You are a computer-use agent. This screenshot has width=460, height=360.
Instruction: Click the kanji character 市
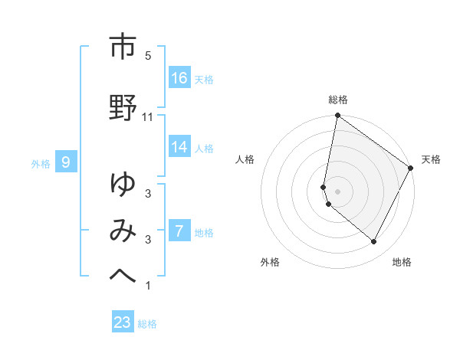pos(123,47)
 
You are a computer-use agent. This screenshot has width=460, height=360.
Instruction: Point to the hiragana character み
pos(123,230)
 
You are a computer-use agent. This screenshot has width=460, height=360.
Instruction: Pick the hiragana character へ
pos(123,275)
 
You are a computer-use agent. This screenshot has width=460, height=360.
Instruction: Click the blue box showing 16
pos(179,78)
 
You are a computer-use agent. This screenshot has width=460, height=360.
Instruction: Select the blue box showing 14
pos(179,148)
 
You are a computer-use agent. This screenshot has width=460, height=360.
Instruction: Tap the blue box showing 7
pos(179,231)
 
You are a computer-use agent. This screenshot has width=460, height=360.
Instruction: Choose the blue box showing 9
pos(67,162)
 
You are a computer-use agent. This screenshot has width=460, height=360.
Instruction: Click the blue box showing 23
pos(123,322)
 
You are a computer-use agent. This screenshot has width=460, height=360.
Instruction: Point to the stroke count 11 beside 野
pos(148,116)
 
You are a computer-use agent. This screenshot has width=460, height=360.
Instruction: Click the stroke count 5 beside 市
pos(148,56)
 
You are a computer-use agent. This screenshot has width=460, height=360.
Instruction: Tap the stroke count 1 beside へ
pos(148,286)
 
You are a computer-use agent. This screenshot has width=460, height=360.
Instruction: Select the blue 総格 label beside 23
pos(147,324)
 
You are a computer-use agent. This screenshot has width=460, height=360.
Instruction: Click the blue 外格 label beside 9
pos(41,163)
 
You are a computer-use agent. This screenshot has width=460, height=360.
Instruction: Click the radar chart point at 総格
pos(337,116)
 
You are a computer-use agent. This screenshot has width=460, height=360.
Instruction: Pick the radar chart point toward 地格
pos(374,242)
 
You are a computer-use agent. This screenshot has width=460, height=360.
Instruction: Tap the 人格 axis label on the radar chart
pos(246,159)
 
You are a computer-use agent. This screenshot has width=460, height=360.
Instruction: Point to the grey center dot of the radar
pos(337,191)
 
